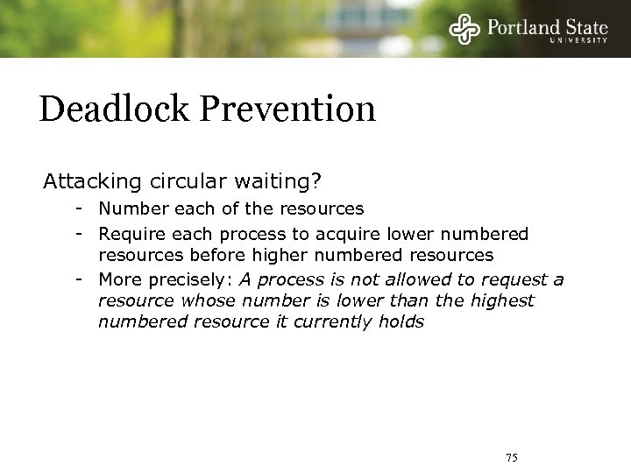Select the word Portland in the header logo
pyautogui.click(x=518, y=26)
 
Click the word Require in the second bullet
pyautogui.click(x=130, y=234)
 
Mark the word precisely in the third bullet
pyautogui.click(x=180, y=279)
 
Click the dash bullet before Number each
pyautogui.click(x=79, y=209)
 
